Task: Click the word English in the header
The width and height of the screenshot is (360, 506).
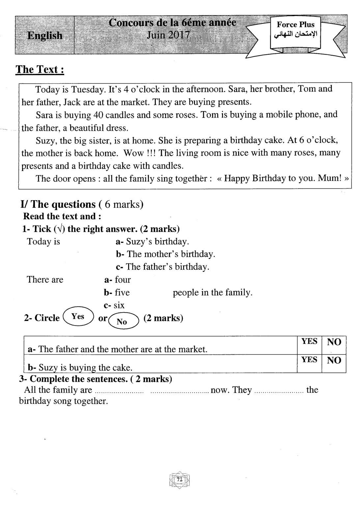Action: pos(45,35)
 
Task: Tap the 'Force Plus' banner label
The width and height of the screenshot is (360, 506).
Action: pos(295,24)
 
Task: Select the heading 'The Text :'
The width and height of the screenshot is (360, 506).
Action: pos(40,70)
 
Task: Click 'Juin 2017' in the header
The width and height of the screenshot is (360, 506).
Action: pos(168,35)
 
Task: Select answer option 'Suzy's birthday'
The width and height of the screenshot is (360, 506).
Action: pos(157,241)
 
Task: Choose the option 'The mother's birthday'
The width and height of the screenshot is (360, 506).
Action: pos(170,254)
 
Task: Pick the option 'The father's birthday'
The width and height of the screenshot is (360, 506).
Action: pos(167,267)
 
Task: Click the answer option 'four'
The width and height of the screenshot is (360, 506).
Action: pos(123,280)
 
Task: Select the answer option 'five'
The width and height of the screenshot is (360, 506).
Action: pos(122,293)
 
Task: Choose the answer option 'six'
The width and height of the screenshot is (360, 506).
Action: pos(119,305)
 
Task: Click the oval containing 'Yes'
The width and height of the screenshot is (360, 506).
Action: pos(78,317)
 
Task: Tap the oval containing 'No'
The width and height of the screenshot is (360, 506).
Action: pos(122,321)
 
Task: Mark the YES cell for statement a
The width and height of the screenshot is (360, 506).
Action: pos(309,342)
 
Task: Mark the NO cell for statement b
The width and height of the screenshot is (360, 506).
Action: pos(334,360)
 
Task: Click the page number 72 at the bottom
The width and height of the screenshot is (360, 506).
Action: pos(180,480)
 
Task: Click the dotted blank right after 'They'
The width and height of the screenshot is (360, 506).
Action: pos(279,391)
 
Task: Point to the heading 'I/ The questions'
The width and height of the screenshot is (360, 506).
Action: pos(58,204)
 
